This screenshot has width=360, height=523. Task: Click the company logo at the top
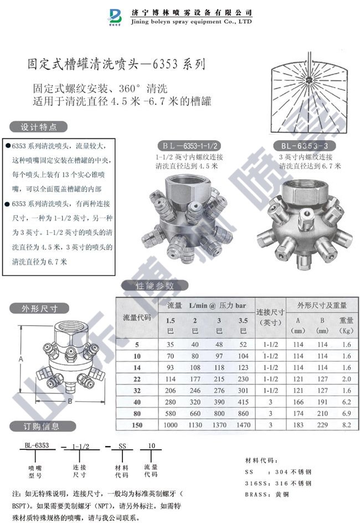point(116,17)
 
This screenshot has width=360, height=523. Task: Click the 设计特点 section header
point(38,126)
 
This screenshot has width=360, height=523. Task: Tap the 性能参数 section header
point(155,286)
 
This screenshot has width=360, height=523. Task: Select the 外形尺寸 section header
point(39,309)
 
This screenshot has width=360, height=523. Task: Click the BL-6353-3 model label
point(304,146)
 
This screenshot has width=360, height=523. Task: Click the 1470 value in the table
point(243,425)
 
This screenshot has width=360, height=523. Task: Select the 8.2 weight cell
point(347,425)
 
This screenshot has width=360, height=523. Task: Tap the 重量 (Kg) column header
point(347,325)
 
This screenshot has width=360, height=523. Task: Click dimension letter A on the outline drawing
point(21,360)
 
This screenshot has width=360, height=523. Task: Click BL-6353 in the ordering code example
point(37,445)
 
